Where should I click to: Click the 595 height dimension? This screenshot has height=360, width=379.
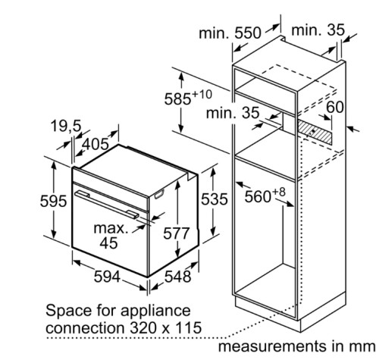(53, 202)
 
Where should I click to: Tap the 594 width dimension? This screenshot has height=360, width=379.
(107, 276)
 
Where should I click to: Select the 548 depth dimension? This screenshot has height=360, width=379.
(178, 276)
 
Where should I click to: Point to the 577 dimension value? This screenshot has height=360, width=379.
(176, 233)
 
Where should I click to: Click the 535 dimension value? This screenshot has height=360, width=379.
(215, 199)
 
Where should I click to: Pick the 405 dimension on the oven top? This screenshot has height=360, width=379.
(96, 145)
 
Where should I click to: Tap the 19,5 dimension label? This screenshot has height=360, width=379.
(66, 126)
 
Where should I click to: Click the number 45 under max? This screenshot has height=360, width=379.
(108, 243)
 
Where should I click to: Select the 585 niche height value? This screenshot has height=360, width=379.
(177, 99)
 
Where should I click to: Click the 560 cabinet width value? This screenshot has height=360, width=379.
(258, 197)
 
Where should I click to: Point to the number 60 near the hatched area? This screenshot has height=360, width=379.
(335, 107)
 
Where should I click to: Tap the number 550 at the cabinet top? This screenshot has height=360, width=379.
(247, 33)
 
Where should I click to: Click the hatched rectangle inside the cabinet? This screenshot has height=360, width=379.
(315, 132)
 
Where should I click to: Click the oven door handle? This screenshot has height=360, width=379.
(107, 204)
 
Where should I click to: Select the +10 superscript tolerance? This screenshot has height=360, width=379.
(202, 95)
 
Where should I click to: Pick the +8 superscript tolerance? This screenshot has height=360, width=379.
(278, 192)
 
